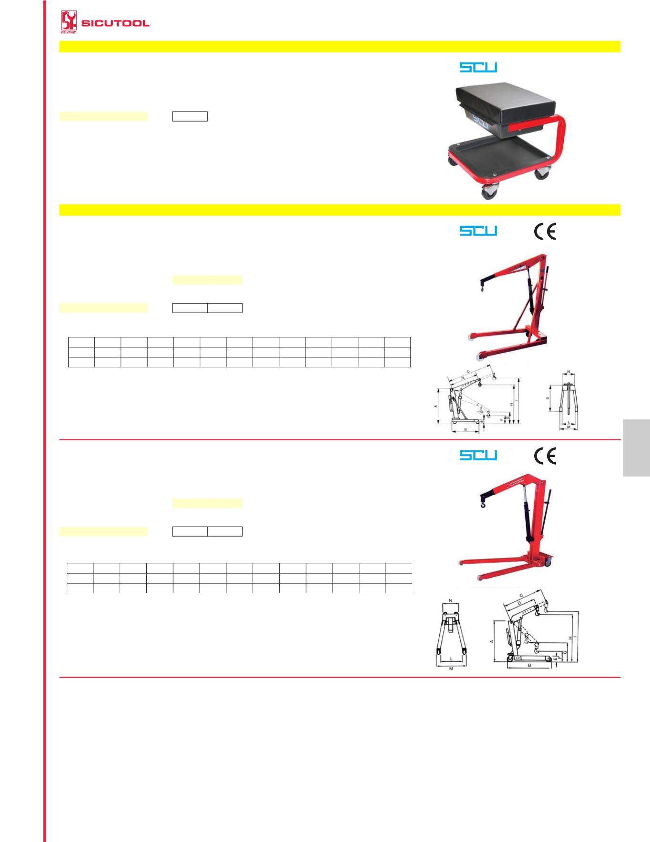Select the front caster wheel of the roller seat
[x=489, y=192]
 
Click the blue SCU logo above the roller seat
[x=478, y=68]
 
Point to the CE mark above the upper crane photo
[x=545, y=231]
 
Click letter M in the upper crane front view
[x=569, y=427]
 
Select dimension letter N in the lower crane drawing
[x=450, y=601]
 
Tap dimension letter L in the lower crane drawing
[x=450, y=660]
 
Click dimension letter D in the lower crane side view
[x=518, y=603]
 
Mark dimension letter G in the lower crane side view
[x=565, y=652]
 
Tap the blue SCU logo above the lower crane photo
[x=478, y=456]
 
